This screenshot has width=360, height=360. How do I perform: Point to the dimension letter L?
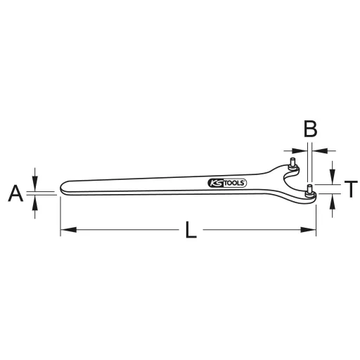click(x=191, y=231)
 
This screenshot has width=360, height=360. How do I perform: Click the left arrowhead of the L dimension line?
click(x=65, y=229)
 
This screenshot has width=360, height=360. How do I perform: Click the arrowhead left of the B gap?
click(x=300, y=149)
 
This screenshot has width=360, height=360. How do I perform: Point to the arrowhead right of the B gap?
click(x=317, y=149)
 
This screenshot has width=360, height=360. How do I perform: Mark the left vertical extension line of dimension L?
click(x=60, y=214)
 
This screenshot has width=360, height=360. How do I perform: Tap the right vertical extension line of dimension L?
click(x=316, y=214)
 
